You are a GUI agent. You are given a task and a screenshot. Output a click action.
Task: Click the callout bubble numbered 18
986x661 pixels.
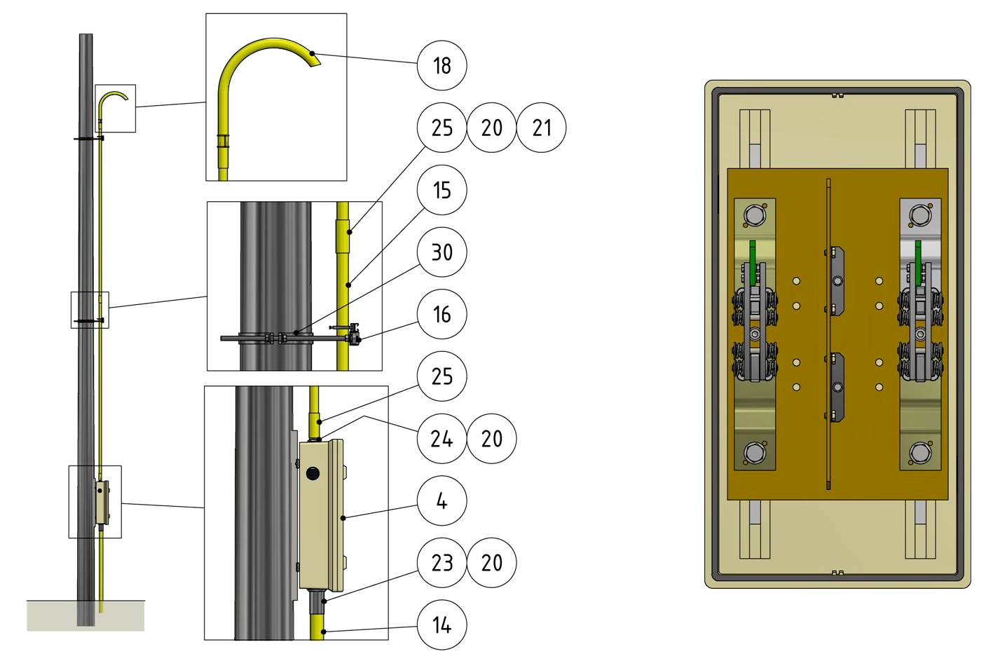tap(442, 66)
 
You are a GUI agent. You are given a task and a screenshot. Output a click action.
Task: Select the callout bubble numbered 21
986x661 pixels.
tap(542, 128)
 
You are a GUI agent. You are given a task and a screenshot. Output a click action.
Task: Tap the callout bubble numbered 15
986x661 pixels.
tap(442, 190)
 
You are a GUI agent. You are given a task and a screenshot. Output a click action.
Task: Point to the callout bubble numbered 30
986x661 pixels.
tap(442, 252)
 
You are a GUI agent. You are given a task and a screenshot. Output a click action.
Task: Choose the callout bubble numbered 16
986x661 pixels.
tap(442, 314)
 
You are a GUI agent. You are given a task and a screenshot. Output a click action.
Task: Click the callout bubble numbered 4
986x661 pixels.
tap(442, 500)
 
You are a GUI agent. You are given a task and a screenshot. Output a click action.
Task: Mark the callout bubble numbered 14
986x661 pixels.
tap(442, 625)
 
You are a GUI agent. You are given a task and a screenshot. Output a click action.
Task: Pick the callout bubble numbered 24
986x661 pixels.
tap(442, 439)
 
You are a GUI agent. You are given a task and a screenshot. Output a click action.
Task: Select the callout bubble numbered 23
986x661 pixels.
tap(442, 563)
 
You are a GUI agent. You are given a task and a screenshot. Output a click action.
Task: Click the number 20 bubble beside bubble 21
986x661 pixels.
tap(492, 128)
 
